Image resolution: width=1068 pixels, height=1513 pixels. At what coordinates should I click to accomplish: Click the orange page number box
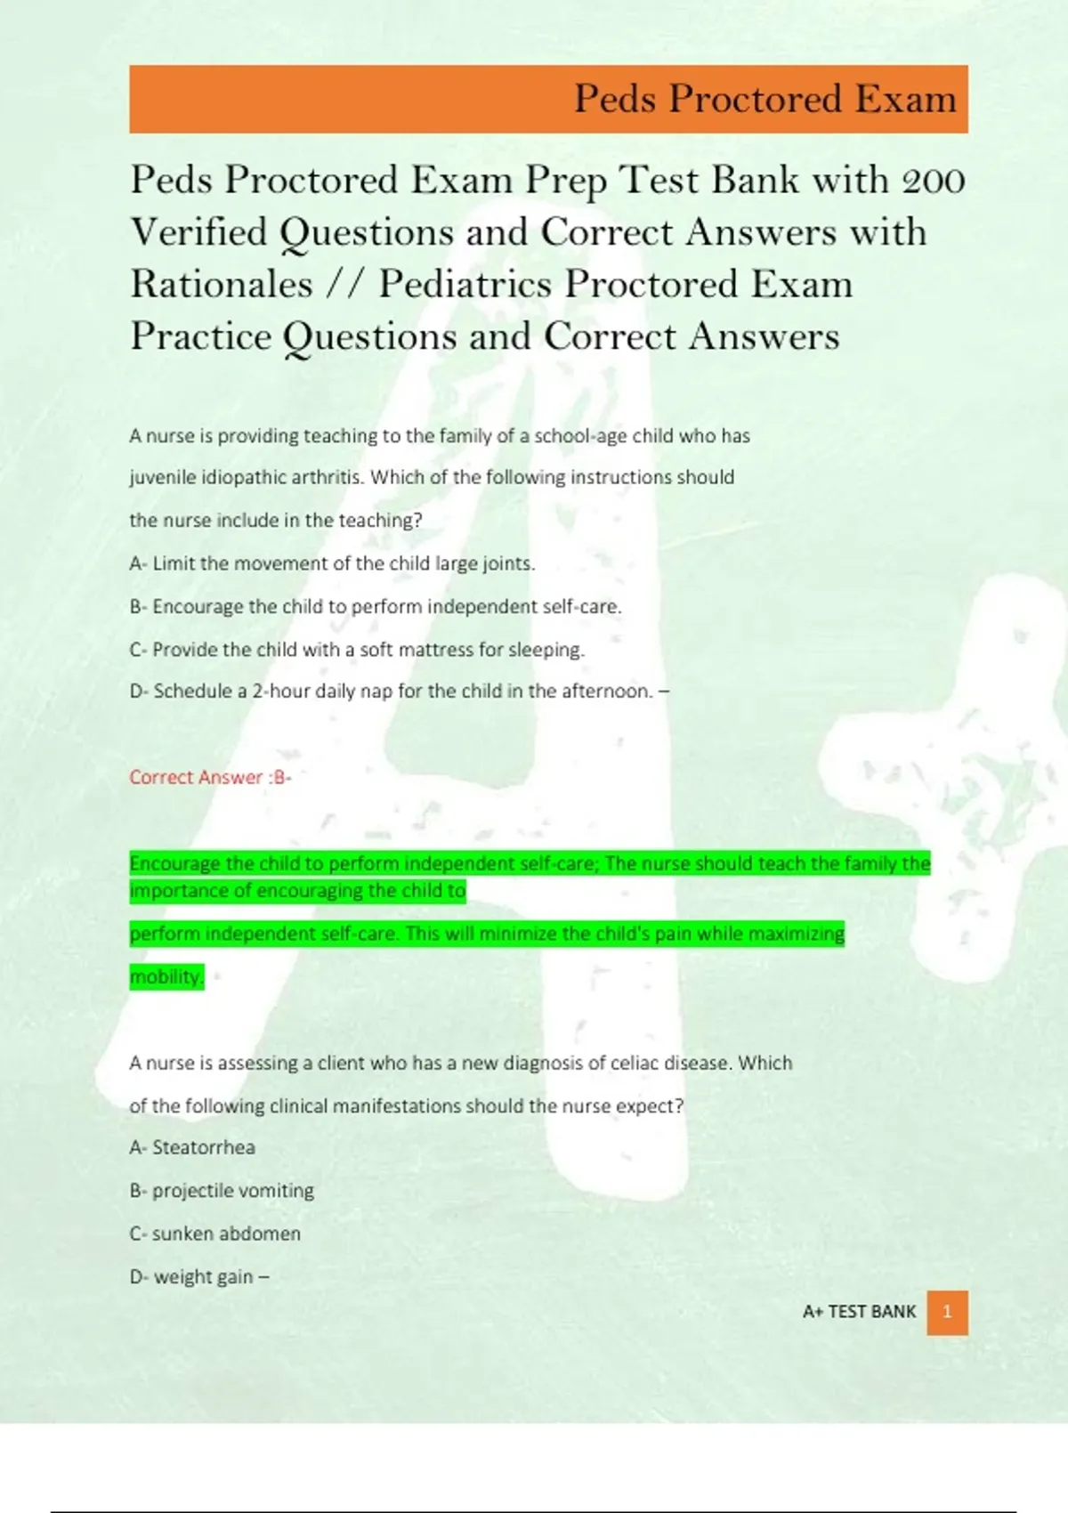pyautogui.click(x=947, y=1312)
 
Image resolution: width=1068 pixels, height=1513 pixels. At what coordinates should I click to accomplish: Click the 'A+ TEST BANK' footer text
pyautogui.click(x=859, y=1312)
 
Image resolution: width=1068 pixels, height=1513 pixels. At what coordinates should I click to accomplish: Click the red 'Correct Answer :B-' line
pyautogui.click(x=210, y=777)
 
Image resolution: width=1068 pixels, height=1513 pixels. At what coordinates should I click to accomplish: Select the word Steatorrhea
pyautogui.click(x=204, y=1147)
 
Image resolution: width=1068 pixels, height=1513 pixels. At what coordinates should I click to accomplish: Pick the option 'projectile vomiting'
pyautogui.click(x=233, y=1191)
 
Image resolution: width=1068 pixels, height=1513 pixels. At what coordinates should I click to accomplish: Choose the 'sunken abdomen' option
pyautogui.click(x=226, y=1234)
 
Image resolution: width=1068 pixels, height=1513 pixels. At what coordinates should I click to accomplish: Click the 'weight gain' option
pyautogui.click(x=204, y=1277)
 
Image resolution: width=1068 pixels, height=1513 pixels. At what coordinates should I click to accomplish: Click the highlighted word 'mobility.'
pyautogui.click(x=166, y=976)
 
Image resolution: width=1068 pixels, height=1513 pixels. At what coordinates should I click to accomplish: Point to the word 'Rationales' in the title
pyautogui.click(x=222, y=285)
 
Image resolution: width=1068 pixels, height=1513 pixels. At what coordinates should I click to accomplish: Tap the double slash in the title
pyautogui.click(x=345, y=285)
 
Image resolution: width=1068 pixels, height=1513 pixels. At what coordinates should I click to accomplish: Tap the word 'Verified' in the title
pyautogui.click(x=199, y=232)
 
